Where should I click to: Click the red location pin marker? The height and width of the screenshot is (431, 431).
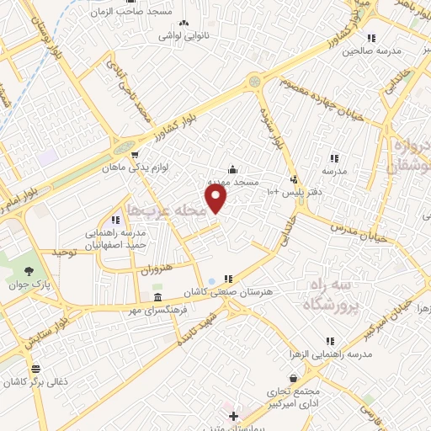point(217,199)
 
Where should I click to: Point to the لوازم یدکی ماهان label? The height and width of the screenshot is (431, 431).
point(167,167)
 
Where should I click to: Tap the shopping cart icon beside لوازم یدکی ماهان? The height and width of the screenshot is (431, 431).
point(134,155)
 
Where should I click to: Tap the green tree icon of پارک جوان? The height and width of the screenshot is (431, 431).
point(29,271)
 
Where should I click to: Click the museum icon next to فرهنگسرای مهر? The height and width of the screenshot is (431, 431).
point(157,300)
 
